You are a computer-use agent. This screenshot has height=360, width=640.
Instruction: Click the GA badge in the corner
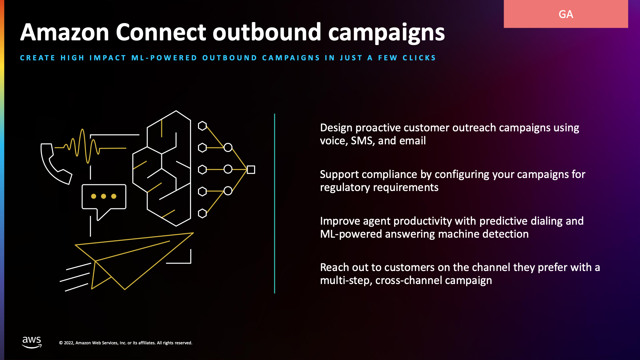(x=566, y=14)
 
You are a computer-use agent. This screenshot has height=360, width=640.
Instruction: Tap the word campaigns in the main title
(x=386, y=33)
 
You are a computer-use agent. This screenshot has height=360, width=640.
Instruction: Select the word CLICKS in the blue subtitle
(x=419, y=58)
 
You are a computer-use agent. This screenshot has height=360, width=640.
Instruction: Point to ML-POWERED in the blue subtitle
(x=164, y=58)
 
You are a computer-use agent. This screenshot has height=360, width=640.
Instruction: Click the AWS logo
(x=32, y=342)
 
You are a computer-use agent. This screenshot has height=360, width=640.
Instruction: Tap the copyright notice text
(x=126, y=343)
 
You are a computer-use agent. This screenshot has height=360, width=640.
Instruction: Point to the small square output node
(x=251, y=170)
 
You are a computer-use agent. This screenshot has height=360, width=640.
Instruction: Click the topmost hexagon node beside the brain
(x=202, y=126)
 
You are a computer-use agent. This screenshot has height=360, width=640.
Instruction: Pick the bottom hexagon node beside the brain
(x=202, y=213)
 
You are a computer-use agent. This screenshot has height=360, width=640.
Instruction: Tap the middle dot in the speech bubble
(x=104, y=196)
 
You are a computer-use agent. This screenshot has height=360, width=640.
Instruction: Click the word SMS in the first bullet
(x=362, y=141)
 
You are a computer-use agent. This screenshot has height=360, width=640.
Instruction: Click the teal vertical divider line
(x=275, y=203)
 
